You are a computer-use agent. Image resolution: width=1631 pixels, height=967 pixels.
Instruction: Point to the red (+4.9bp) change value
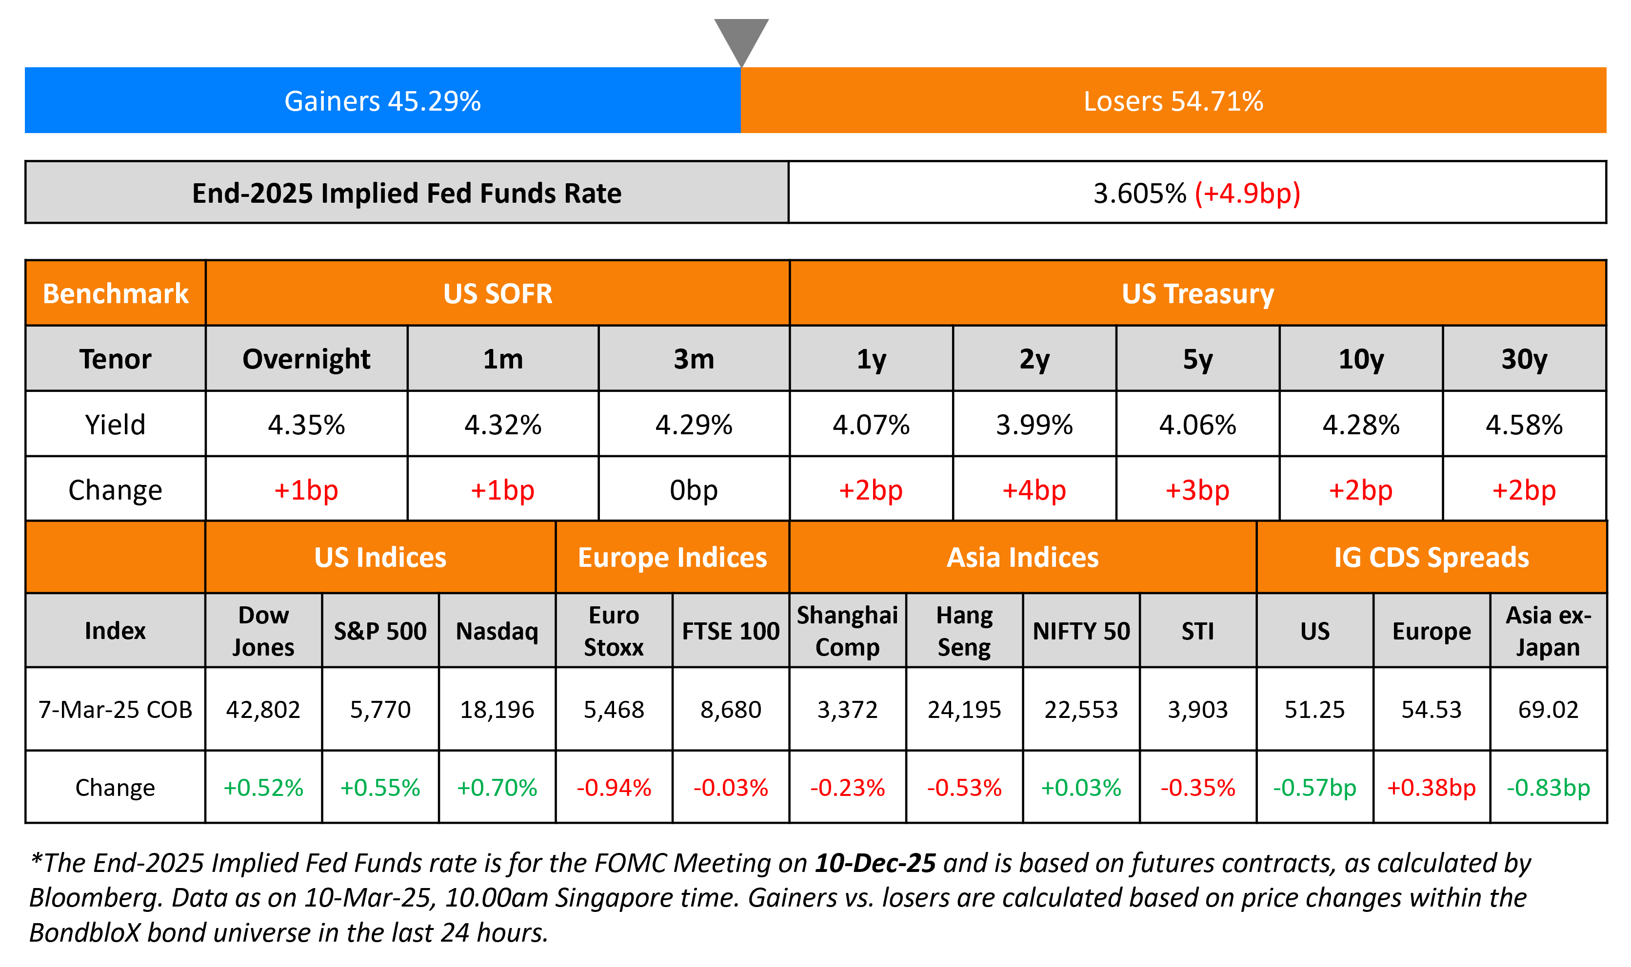[1247, 193]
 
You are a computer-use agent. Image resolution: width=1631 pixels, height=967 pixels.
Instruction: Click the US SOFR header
[497, 294]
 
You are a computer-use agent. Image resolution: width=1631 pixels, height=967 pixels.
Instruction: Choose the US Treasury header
[1197, 294]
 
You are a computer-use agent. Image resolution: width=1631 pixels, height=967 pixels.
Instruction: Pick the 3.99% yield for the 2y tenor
[1034, 425]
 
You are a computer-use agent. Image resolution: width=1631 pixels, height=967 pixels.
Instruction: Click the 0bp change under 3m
[694, 490]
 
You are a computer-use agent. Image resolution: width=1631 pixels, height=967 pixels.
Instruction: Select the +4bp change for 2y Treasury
[1034, 490]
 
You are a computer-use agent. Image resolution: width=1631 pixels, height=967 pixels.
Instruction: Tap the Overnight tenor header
[306, 359]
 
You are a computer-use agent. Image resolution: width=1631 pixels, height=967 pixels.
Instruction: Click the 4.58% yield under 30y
[1524, 425]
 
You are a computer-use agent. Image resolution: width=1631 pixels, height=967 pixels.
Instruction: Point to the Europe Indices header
[672, 558]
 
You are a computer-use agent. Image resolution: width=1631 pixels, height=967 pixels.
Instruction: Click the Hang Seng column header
[964, 631]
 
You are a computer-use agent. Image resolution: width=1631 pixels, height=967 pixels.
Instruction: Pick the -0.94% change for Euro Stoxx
[614, 788]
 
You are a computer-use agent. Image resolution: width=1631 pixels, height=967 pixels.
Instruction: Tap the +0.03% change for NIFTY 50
[1081, 788]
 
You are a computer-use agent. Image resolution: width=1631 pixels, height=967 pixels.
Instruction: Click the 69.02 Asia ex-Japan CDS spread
[1548, 710]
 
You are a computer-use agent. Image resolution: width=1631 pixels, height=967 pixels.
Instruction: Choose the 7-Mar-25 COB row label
[116, 710]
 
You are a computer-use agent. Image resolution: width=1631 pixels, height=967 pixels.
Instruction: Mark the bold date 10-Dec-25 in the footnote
[875, 863]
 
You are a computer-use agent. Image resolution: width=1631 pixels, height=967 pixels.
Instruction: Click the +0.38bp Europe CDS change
[1432, 788]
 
